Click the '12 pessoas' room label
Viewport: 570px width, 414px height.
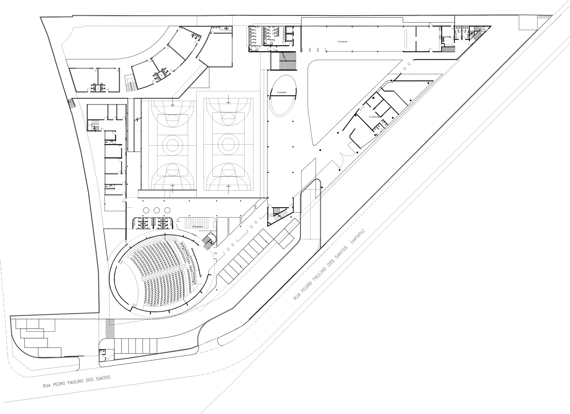[x=342, y=41]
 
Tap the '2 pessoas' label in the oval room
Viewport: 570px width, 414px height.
[x=281, y=92]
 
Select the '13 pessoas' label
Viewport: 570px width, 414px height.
[x=374, y=117]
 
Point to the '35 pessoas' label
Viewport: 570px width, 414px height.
[x=197, y=226]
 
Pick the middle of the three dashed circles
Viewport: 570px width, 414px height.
[x=157, y=210]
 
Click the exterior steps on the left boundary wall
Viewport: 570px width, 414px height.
[x=72, y=104]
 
